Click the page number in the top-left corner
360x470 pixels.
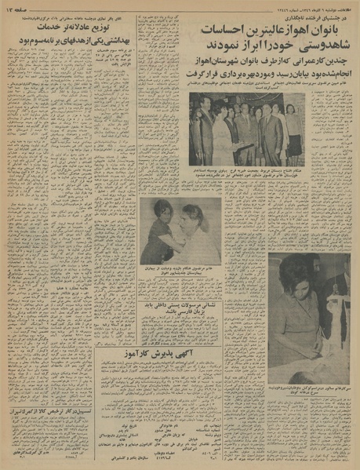pos(18,7)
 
